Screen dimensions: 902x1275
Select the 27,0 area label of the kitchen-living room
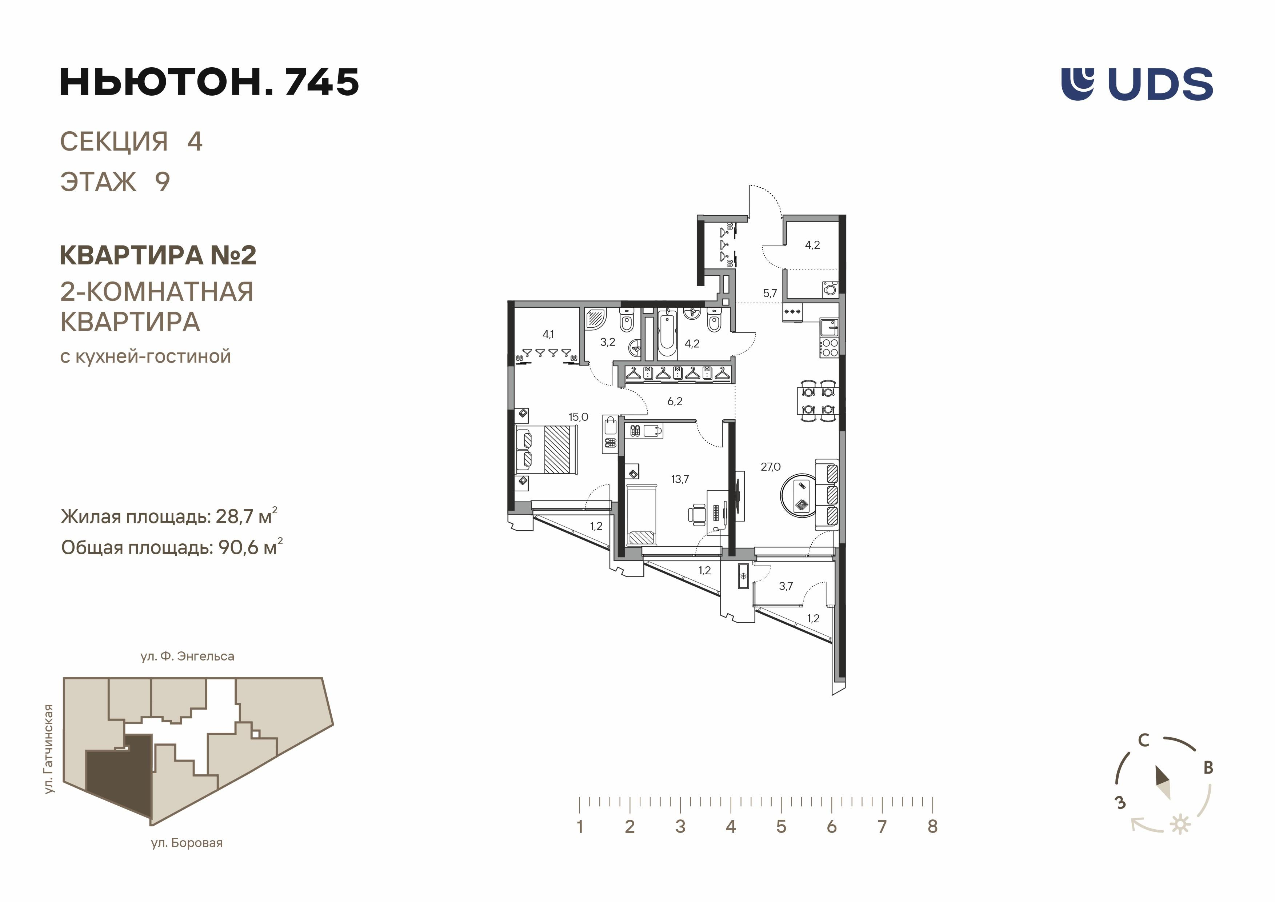point(770,467)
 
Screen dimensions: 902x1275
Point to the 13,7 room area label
point(680,479)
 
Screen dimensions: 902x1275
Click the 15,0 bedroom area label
point(578,416)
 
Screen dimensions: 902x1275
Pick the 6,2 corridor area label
point(675,401)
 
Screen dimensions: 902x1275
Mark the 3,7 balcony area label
point(786,586)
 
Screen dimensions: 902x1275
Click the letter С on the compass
point(1144,741)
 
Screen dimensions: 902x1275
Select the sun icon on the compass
point(1180,825)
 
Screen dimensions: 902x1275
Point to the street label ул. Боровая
point(187,843)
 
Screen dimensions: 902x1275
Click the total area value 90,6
point(239,548)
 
